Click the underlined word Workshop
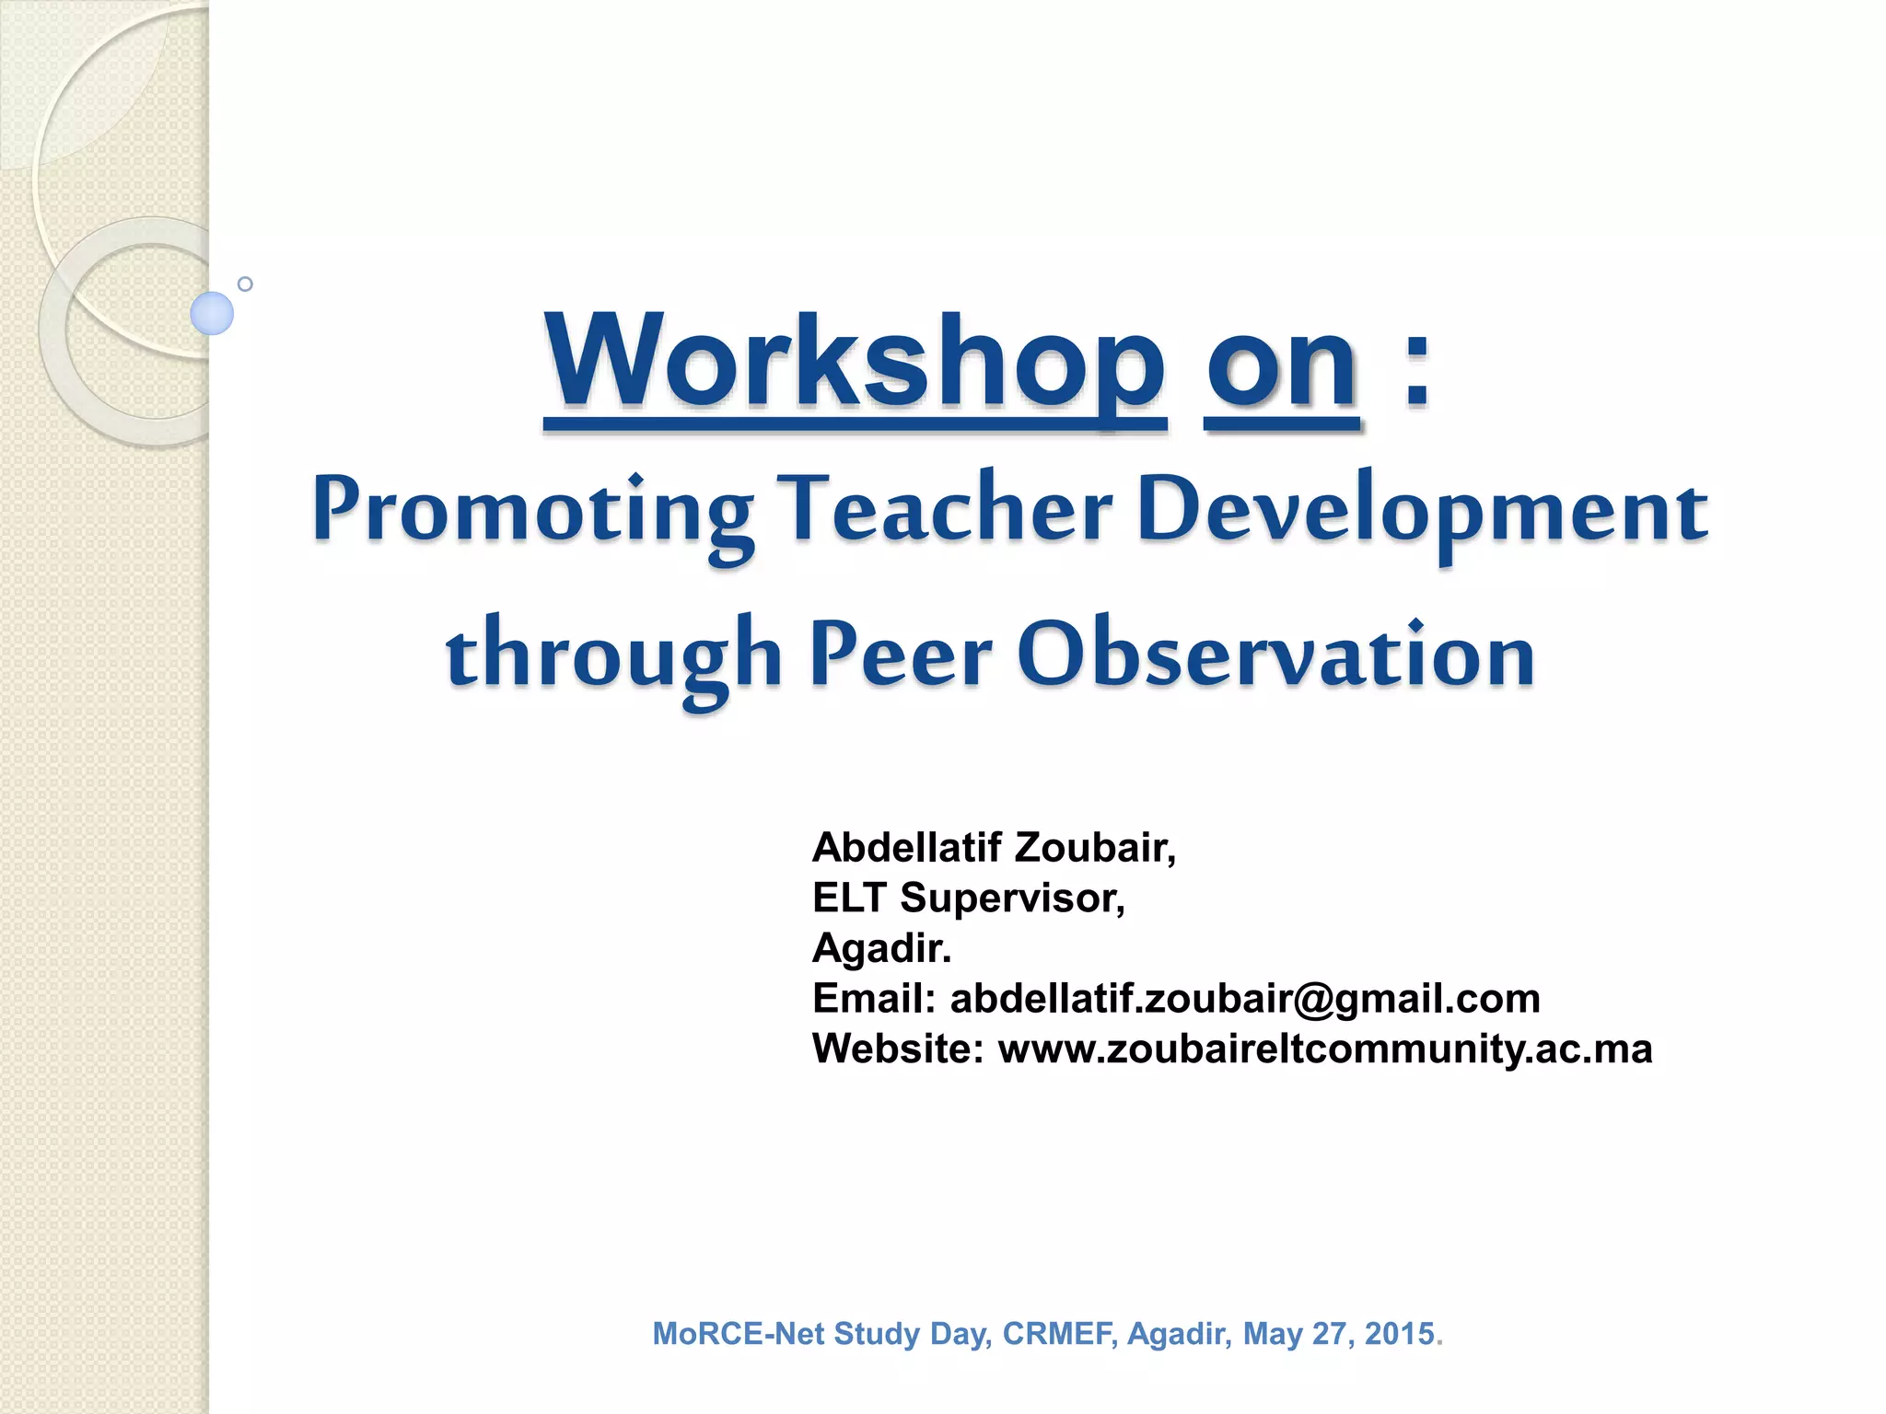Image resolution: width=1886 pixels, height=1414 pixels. (855, 364)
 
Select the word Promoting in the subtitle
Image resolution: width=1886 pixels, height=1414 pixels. (532, 511)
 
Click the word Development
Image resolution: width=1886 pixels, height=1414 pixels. (1422, 511)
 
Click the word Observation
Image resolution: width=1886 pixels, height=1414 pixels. (1275, 654)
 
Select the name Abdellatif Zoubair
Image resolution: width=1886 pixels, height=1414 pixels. (993, 848)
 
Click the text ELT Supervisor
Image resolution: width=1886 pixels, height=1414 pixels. (967, 898)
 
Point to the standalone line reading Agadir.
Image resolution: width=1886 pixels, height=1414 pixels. (881, 948)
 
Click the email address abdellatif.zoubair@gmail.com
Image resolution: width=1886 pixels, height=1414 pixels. (1244, 999)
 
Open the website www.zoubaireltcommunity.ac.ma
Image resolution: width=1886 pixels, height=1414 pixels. (1324, 1049)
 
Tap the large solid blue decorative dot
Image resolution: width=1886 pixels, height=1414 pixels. (212, 313)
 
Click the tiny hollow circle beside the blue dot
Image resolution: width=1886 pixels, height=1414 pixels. (245, 284)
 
